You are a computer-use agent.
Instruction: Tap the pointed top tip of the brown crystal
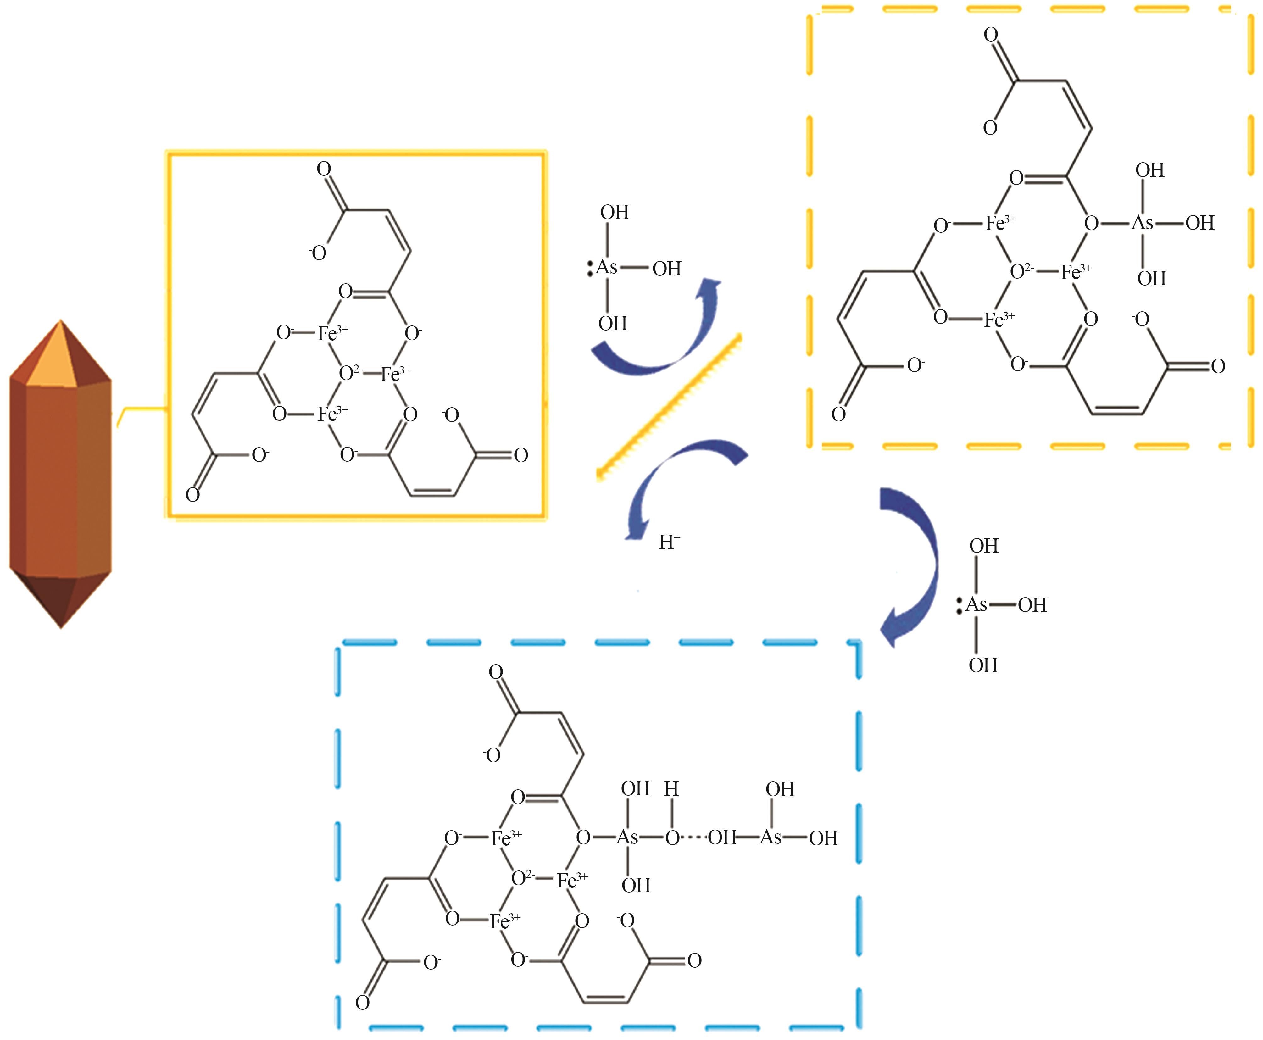click(60, 320)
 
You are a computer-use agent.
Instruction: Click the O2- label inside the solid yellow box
click(350, 373)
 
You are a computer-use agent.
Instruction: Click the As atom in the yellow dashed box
click(1142, 223)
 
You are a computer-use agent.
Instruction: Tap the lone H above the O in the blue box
click(672, 789)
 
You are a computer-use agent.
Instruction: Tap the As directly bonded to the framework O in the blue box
click(627, 837)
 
